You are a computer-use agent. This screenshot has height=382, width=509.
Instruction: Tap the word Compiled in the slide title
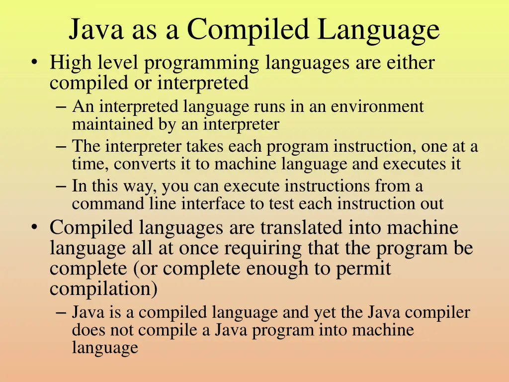248,29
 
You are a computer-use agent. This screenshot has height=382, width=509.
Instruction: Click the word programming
203,63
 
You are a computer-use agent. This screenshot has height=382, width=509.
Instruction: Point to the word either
411,63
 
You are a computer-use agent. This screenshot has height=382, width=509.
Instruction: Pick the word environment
377,106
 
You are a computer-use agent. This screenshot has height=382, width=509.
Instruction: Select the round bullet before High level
34,63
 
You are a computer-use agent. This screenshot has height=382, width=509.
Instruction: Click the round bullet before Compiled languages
34,227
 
